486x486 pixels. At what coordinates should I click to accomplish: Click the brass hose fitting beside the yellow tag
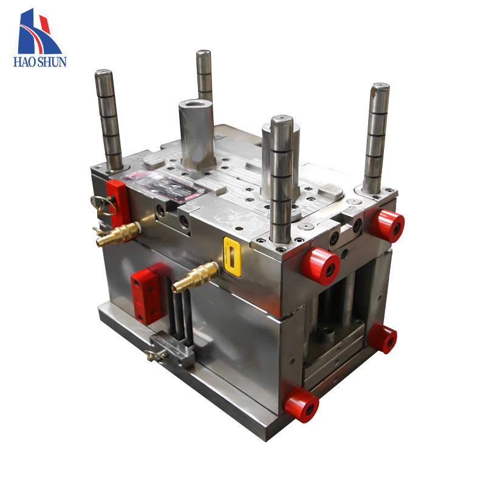point(195,277)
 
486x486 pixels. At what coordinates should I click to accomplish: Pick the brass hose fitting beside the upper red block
point(118,234)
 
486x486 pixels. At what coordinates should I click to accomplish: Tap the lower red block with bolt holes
point(148,294)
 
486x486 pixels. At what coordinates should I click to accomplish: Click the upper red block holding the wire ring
point(117,204)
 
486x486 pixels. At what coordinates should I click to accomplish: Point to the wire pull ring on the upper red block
point(103,205)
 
